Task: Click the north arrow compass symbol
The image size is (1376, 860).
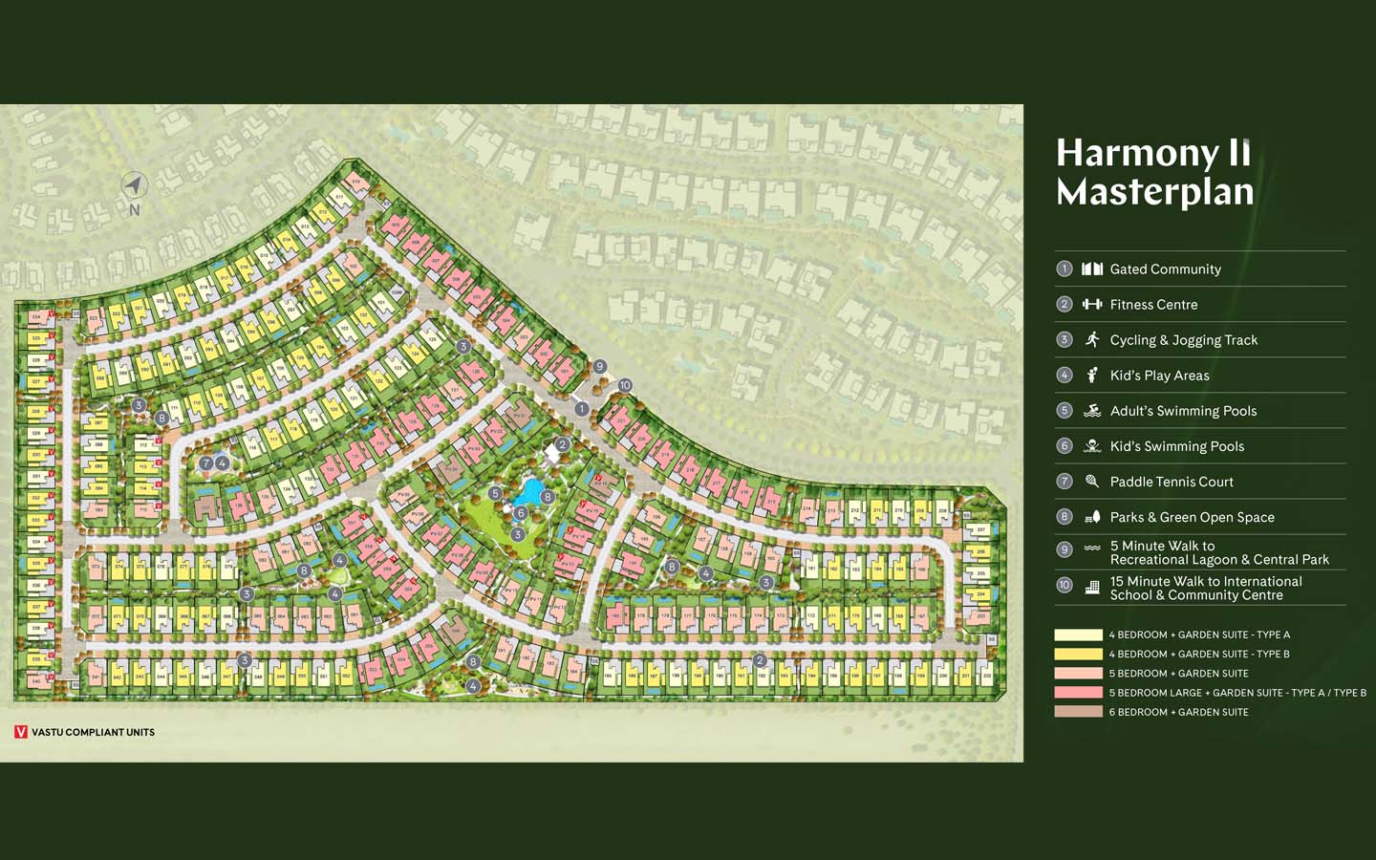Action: (x=134, y=185)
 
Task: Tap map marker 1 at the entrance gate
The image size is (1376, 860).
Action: (x=581, y=409)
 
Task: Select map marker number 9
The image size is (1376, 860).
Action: (x=600, y=366)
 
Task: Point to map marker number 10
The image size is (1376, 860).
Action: (x=624, y=385)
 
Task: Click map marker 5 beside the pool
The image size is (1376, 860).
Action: (x=495, y=493)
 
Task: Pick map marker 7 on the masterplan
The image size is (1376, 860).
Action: (x=205, y=462)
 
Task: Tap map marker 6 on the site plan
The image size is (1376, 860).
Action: (x=520, y=513)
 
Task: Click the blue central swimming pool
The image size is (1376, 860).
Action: (x=527, y=492)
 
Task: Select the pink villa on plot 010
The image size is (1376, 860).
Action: (x=356, y=182)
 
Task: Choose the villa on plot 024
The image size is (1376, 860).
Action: (x=37, y=316)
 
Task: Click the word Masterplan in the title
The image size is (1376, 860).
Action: (x=1154, y=192)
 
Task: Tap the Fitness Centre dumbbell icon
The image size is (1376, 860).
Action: (x=1092, y=304)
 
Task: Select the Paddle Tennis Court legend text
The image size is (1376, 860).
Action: (x=1172, y=482)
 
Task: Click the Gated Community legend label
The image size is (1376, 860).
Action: (x=1165, y=269)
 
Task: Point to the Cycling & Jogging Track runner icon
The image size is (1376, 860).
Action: (x=1092, y=339)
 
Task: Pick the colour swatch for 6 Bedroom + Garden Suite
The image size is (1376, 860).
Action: (x=1078, y=712)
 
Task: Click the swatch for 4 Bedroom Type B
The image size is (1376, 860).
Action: (x=1078, y=655)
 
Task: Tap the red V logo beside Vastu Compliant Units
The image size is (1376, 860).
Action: (x=21, y=732)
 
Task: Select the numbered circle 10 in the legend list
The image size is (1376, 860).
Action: (x=1064, y=585)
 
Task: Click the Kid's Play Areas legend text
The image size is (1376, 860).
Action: (x=1159, y=376)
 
